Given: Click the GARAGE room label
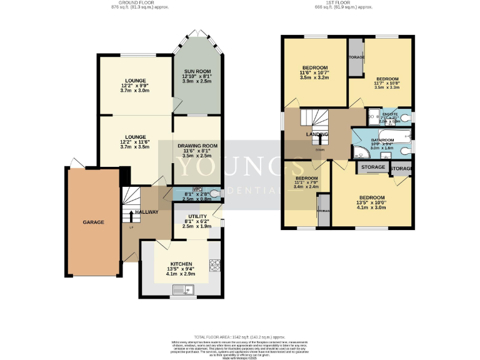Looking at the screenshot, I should click(x=94, y=222).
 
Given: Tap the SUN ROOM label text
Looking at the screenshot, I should click(x=195, y=71).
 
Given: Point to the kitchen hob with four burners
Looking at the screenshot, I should click(x=216, y=265).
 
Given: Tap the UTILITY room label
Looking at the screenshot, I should click(x=197, y=216).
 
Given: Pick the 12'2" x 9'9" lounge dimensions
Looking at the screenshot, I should click(x=135, y=88).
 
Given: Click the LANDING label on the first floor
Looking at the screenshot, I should click(x=316, y=134).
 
